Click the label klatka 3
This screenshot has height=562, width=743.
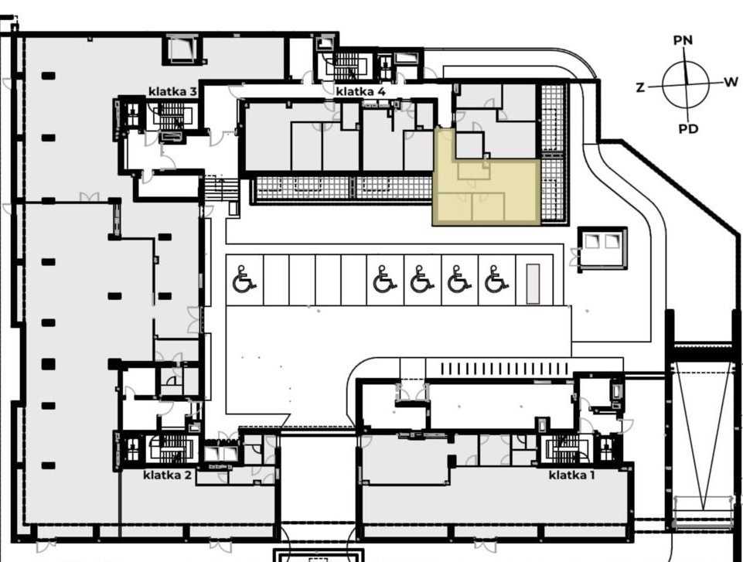(x=172, y=91)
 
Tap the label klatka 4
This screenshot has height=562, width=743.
(x=360, y=91)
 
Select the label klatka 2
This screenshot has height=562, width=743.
(x=167, y=475)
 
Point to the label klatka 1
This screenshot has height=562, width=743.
(x=571, y=475)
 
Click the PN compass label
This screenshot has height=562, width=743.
(x=683, y=40)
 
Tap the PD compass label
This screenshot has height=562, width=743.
(x=688, y=128)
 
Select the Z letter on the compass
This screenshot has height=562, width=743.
(x=640, y=87)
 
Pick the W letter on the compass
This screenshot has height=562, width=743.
(x=731, y=81)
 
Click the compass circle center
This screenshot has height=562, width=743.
(x=686, y=84)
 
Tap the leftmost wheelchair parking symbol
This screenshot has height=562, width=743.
(x=244, y=279)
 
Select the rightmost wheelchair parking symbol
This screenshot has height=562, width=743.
(x=496, y=279)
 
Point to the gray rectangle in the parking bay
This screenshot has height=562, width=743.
(x=533, y=284)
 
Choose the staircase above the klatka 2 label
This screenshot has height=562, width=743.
(x=171, y=448)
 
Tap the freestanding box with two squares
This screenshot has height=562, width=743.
(x=602, y=249)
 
